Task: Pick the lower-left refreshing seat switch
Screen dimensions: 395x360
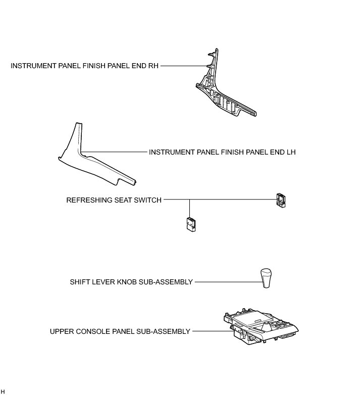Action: click(x=190, y=224)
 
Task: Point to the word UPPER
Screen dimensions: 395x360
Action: click(x=61, y=332)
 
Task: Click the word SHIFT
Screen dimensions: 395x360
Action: click(x=79, y=282)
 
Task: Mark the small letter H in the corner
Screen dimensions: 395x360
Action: click(x=3, y=391)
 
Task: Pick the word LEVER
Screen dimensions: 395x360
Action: click(x=102, y=282)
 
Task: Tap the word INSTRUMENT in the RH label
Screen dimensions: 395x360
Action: click(x=31, y=66)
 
